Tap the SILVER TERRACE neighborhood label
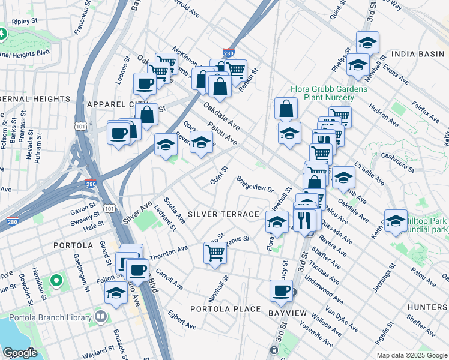pyautogui.click(x=223, y=214)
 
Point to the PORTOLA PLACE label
pyautogui.click(x=225, y=309)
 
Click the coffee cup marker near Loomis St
pyautogui.click(x=145, y=84)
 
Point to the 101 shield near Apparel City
pyautogui.click(x=80, y=125)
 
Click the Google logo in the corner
pyautogui.click(x=20, y=352)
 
